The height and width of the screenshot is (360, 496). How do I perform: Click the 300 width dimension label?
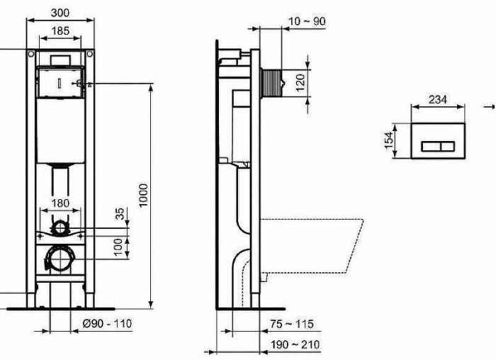(61, 12)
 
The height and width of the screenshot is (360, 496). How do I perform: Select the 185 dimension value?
(60, 30)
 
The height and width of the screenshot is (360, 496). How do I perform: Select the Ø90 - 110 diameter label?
(106, 324)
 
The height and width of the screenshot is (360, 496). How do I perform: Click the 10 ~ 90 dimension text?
(307, 21)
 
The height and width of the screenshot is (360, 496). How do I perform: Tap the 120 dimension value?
(300, 82)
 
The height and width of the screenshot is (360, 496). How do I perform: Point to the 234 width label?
(438, 100)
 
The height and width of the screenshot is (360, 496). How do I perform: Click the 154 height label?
(388, 140)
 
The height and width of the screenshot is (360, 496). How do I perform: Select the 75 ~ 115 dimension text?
(291, 324)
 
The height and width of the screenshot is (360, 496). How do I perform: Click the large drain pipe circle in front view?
(60, 259)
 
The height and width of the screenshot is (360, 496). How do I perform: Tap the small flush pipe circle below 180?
(61, 227)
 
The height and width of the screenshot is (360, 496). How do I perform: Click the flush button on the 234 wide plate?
(438, 147)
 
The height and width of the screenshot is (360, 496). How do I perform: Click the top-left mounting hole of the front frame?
(31, 55)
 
